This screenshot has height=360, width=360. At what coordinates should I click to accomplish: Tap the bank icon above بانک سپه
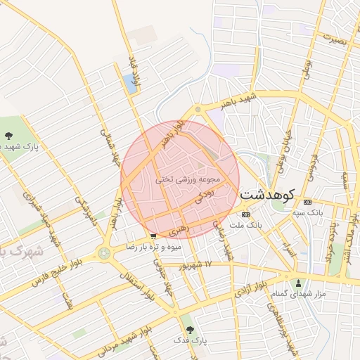[307, 202]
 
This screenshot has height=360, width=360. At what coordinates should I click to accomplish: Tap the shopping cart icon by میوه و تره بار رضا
[153, 236]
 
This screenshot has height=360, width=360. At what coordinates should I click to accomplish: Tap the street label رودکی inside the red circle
[203, 195]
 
